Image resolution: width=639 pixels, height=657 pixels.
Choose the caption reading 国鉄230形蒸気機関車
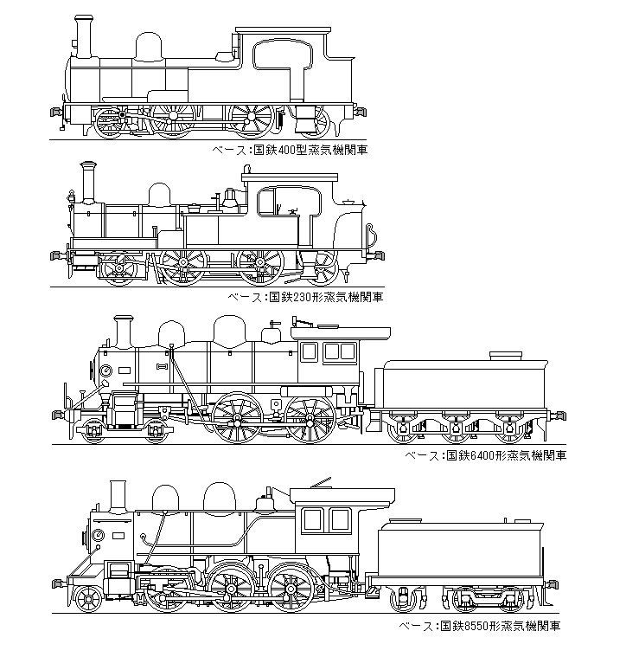point(304,297)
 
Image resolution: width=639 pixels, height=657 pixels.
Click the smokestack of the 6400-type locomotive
point(123,332)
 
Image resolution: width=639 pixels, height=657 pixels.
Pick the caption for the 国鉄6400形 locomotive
point(486,455)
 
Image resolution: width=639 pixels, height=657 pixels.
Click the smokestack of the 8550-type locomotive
point(118,495)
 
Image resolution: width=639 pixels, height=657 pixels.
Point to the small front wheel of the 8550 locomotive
point(88,598)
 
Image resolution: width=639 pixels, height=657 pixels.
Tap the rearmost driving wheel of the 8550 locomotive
point(290,587)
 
